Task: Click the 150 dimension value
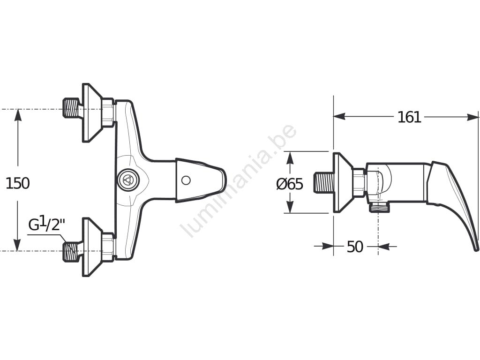18,183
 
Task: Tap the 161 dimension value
409,117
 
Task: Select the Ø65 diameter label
290,184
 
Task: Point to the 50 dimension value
355,247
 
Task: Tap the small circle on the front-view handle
186,180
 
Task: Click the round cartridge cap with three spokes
128,180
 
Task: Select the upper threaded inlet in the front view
70,108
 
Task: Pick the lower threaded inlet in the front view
70,252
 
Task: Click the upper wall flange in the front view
91,112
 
